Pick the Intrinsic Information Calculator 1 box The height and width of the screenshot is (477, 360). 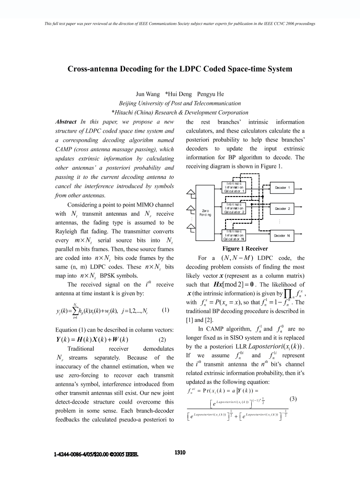tap(236, 187)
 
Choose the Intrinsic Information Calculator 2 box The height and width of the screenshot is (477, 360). tap(236, 208)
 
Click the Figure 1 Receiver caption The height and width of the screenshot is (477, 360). tap(245, 249)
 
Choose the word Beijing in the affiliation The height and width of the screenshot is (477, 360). tap(129, 103)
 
